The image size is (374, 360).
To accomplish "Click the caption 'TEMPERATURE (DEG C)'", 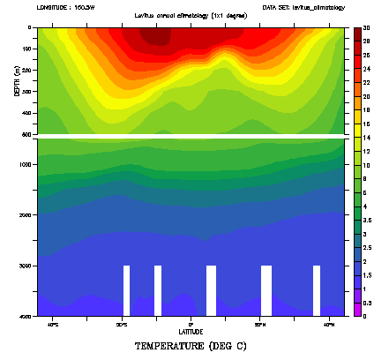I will tap(186, 347).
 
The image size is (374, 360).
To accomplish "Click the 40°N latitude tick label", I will tap(327, 324).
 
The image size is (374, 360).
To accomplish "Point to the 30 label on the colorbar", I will tap(367, 28).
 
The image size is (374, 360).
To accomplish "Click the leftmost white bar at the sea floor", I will tap(126, 289).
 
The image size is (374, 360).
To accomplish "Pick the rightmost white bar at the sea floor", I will tap(317, 289).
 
